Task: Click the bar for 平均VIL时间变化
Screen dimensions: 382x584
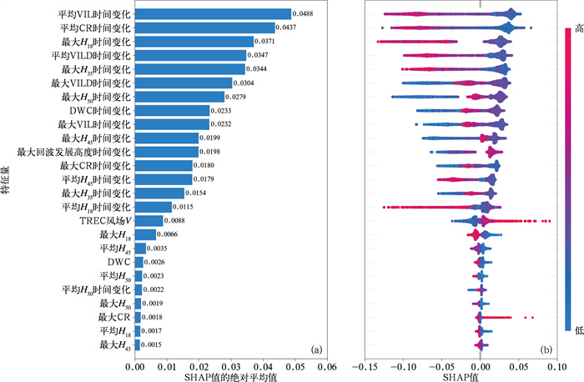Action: pos(213,14)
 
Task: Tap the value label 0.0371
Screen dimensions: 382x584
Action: pos(264,42)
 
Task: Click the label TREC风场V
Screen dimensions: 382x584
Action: pos(105,220)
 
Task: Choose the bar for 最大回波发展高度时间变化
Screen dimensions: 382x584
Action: pos(166,152)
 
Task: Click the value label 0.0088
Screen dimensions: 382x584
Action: pos(175,221)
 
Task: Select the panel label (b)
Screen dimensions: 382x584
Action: pos(546,349)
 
